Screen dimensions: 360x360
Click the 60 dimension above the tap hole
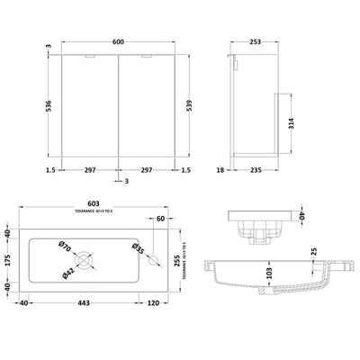tap(161, 219)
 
